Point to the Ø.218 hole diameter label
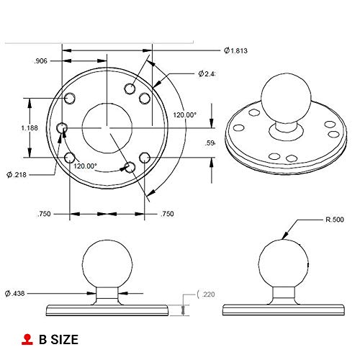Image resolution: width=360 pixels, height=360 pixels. (17, 174)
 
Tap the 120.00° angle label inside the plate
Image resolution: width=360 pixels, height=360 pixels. (85, 166)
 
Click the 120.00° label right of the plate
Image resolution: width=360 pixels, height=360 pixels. (184, 114)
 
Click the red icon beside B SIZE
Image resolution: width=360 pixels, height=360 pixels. (27, 339)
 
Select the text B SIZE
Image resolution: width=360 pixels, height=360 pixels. (58, 339)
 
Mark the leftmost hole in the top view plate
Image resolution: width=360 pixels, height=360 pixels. (63, 128)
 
